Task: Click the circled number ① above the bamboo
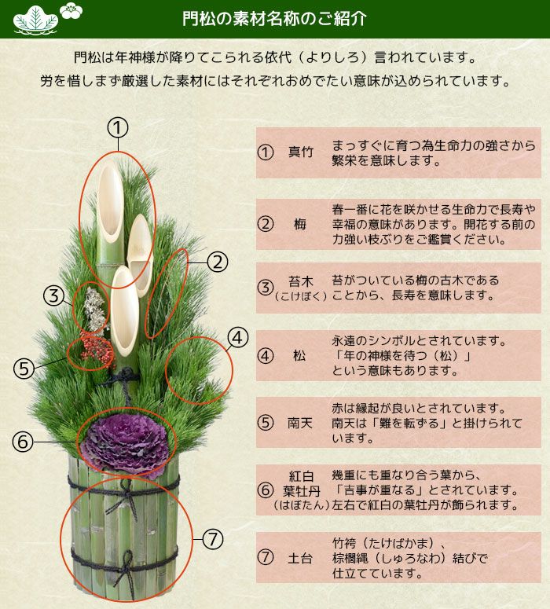tap(117, 127)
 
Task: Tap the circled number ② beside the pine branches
tap(218, 262)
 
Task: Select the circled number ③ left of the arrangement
tap(53, 296)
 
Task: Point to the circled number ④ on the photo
tap(238, 338)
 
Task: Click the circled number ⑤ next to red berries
tap(24, 368)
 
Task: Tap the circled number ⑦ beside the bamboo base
tap(213, 539)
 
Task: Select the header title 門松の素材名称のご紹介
tap(274, 19)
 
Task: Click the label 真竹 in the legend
tap(300, 152)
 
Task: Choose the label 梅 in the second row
tap(300, 224)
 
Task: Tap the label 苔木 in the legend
tap(300, 281)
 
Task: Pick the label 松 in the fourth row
tap(299, 355)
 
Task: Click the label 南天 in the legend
tap(300, 423)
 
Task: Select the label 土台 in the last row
tap(300, 557)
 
